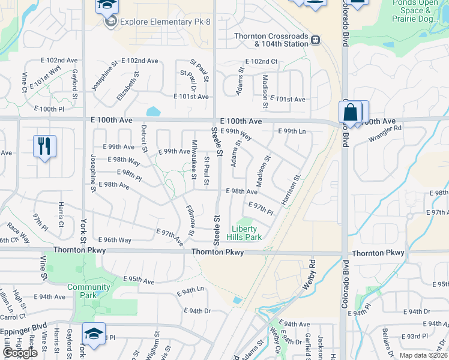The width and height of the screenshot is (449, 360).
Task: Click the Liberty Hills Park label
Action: (244, 233)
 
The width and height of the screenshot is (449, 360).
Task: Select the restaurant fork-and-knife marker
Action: (44, 146)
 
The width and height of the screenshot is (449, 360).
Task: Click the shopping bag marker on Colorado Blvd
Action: (351, 112)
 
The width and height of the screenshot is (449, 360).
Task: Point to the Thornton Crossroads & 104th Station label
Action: (271, 40)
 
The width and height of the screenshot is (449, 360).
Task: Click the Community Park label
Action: (89, 291)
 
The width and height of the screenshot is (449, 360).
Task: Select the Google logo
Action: (20, 353)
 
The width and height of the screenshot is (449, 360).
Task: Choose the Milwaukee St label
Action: (193, 159)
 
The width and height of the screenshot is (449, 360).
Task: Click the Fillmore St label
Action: (190, 220)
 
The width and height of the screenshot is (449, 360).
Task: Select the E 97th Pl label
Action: (261, 209)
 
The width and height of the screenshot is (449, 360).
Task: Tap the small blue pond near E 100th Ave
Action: (154, 111)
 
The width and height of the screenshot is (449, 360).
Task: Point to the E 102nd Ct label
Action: (261, 61)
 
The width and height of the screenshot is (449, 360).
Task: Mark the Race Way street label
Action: (18, 232)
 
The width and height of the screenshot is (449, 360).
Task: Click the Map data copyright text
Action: (424, 355)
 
